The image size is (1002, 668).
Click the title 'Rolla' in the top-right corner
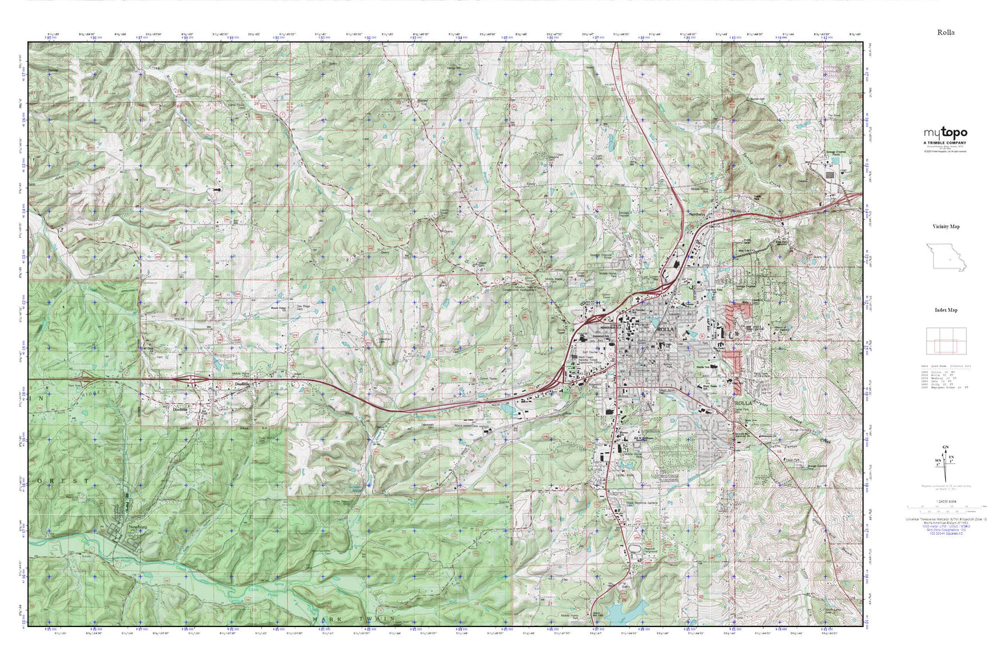tap(946, 32)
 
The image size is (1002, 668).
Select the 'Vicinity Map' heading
tap(946, 226)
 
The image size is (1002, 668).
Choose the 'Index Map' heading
tap(946, 310)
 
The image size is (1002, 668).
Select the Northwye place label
tap(697, 214)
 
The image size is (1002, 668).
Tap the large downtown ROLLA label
tap(665, 329)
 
